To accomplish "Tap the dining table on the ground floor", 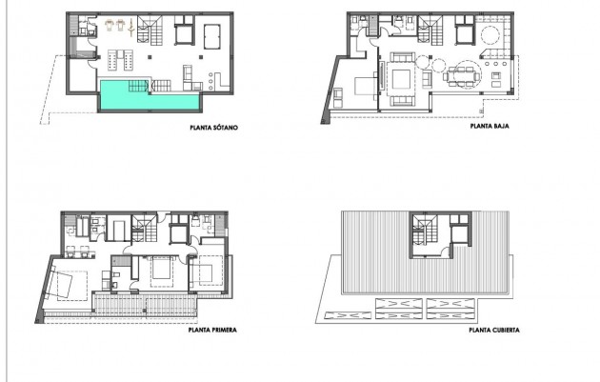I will coord(466,74).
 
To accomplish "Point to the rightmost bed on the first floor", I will coord(204,273).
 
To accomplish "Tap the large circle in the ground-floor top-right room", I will coord(488,36).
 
